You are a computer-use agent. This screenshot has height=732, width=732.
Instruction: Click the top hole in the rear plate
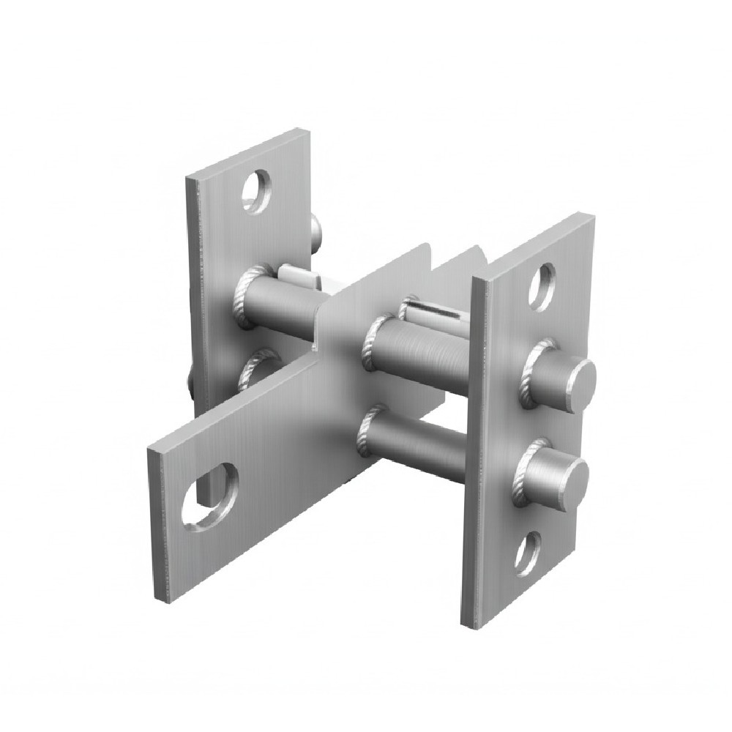pos(257,192)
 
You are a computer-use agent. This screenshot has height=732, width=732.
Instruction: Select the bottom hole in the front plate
pos(528,553)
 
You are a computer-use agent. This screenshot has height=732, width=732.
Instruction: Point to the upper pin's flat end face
pos(583,380)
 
